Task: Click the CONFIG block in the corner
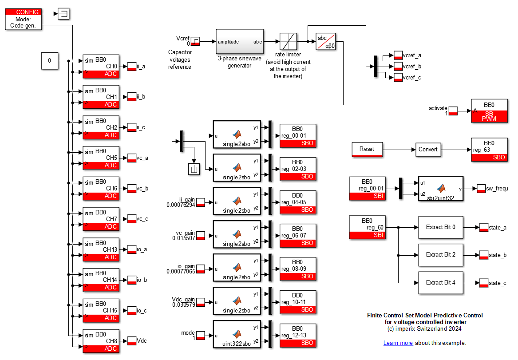pos(24,19)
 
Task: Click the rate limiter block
pos(289,42)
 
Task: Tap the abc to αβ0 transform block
pos(326,42)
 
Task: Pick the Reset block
pos(367,150)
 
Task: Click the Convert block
pos(428,150)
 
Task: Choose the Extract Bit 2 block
pos(440,255)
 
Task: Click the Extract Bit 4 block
pos(440,282)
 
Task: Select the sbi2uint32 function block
pos(440,189)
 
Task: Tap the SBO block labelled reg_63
pos(489,150)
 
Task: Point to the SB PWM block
pos(489,111)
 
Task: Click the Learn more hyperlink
pos(398,343)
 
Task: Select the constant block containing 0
pos(50,61)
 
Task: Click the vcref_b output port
pos(398,67)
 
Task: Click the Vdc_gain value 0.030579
pos(183,305)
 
